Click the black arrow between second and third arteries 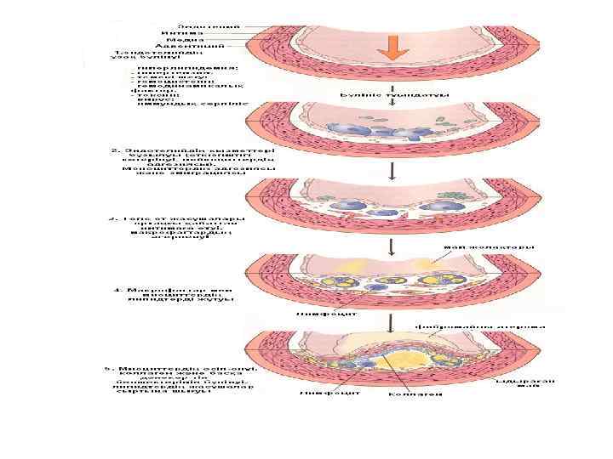(x=392, y=172)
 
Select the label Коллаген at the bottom (x=415, y=394)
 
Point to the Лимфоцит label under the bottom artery (x=320, y=393)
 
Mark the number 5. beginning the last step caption (x=108, y=369)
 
